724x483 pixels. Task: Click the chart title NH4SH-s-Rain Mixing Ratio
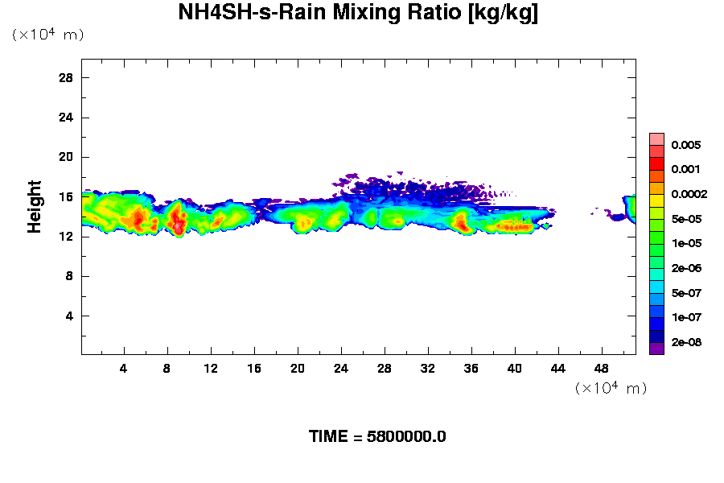coord(358,14)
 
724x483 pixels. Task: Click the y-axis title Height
coord(35,207)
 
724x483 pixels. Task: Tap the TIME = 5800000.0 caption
coord(377,437)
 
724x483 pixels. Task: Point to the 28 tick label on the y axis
coord(66,77)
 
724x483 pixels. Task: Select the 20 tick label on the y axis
coord(66,157)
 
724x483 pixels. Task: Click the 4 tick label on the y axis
coord(70,316)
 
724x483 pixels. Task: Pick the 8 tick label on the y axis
coord(70,276)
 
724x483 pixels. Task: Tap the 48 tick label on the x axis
coord(601,368)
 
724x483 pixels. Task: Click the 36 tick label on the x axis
coord(471,368)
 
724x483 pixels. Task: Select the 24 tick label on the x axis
coord(341,368)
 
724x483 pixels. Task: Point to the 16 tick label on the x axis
coord(254,368)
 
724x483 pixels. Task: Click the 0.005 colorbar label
coord(686,146)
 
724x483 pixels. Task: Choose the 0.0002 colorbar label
coord(689,194)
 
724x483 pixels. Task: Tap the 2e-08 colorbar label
coord(686,342)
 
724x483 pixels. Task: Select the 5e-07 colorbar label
coord(686,292)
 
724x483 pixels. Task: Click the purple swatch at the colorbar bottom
coord(656,348)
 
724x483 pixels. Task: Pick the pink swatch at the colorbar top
coord(656,138)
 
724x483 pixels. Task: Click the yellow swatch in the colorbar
coord(656,200)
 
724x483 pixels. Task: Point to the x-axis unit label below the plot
coord(611,388)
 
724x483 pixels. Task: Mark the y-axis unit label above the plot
coord(47,35)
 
